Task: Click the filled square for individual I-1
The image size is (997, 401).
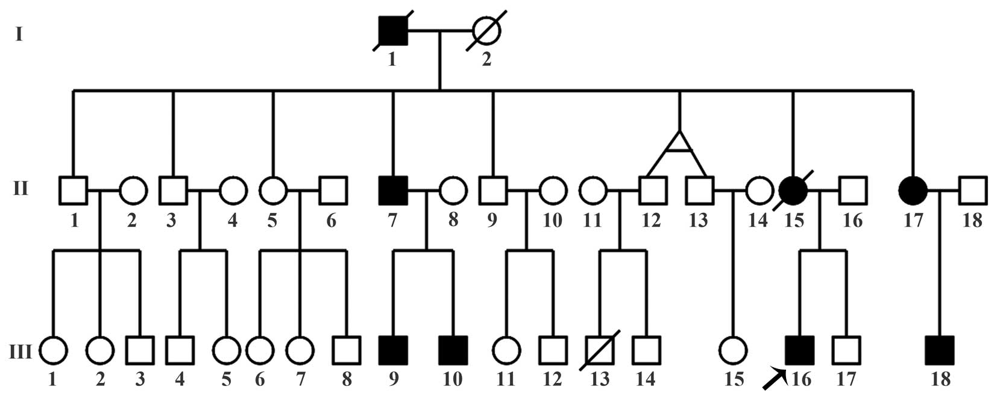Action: click(x=393, y=31)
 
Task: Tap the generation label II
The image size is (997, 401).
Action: click(x=20, y=189)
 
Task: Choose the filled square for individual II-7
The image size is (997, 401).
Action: click(x=393, y=191)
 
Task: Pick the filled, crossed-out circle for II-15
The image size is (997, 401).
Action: click(x=793, y=191)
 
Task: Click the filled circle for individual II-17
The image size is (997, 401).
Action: click(x=913, y=191)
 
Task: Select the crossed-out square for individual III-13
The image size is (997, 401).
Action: click(x=600, y=350)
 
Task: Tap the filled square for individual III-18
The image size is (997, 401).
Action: click(x=939, y=350)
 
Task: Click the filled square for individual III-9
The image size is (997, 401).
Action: click(x=393, y=350)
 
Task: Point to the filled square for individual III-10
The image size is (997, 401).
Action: click(x=453, y=350)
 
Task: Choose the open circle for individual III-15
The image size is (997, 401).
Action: click(x=733, y=350)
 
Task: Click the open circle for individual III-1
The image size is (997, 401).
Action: click(x=53, y=350)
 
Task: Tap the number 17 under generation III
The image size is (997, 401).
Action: click(x=846, y=380)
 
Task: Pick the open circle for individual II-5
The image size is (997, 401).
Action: click(x=274, y=191)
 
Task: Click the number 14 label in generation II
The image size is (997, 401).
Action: click(x=758, y=221)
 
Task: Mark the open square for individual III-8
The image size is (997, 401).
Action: click(x=347, y=350)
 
